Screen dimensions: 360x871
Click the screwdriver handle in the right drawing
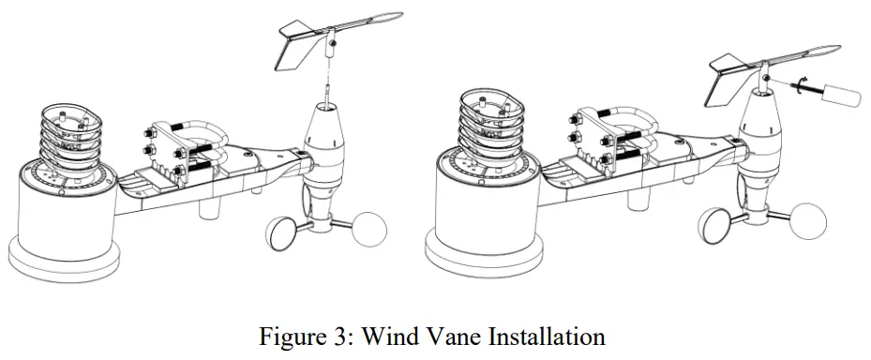point(840,96)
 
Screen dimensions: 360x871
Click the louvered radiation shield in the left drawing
point(69,141)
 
